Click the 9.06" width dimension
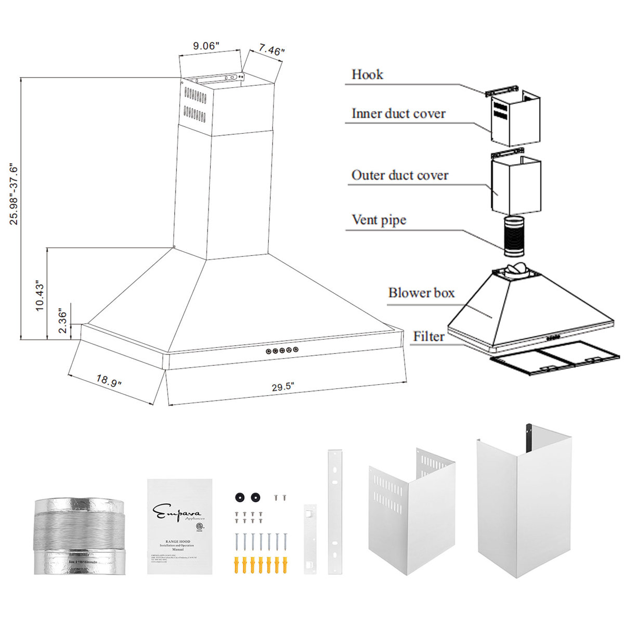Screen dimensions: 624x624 (x=207, y=46)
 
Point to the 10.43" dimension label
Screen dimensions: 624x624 (x=40, y=295)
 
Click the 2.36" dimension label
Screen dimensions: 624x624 (x=62, y=322)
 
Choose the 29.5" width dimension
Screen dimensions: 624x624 (x=283, y=386)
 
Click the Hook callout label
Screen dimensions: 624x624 (x=367, y=75)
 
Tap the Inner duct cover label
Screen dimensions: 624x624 (x=398, y=114)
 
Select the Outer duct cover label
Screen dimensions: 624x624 (x=399, y=175)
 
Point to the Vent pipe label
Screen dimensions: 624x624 (x=379, y=220)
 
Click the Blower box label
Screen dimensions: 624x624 (x=421, y=293)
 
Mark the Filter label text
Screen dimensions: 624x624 (x=428, y=337)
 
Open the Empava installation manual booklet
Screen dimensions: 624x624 (x=179, y=526)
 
